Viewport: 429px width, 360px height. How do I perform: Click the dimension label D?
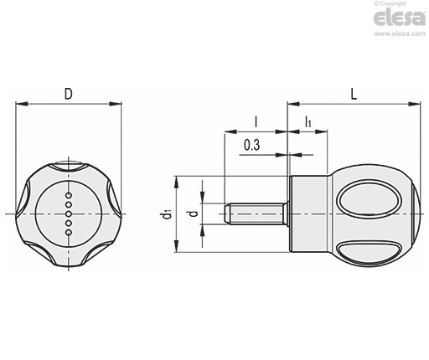(69, 94)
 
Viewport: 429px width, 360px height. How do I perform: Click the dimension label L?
(354, 94)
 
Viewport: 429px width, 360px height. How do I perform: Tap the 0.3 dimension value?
(252, 145)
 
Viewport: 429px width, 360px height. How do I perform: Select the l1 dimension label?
(308, 121)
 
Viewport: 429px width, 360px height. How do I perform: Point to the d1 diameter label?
(167, 214)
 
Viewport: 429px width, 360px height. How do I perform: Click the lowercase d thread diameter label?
(194, 213)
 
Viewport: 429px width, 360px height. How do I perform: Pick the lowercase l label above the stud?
(256, 121)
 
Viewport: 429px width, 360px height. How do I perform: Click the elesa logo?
(400, 18)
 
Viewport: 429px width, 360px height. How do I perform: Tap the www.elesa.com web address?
(400, 33)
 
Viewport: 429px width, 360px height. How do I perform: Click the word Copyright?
(393, 3)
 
